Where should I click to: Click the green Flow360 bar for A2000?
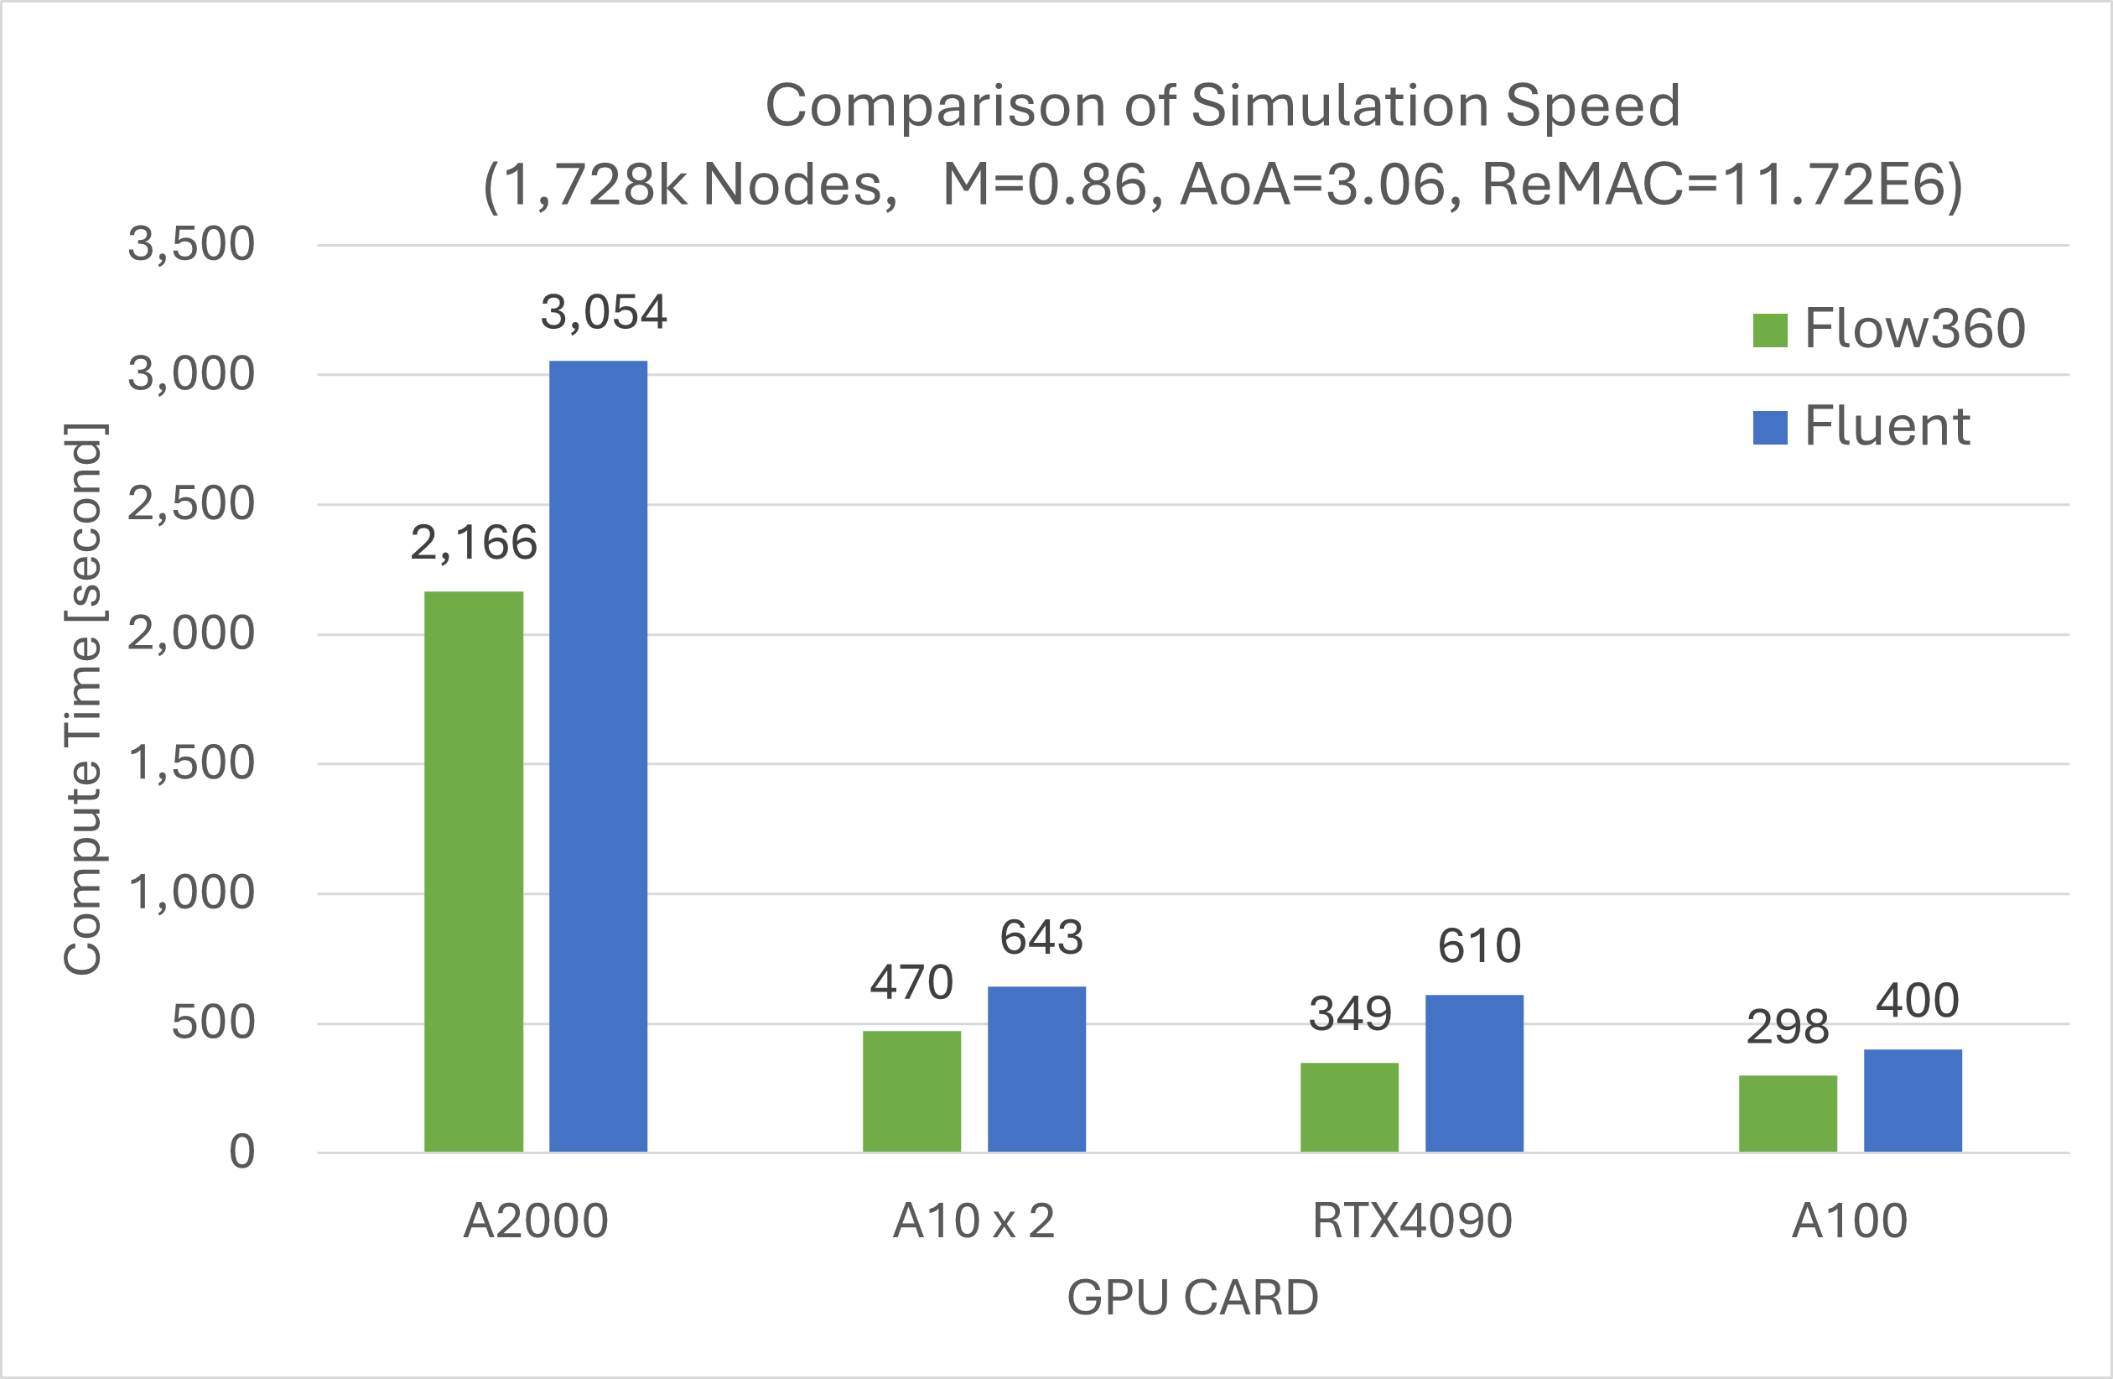[473, 872]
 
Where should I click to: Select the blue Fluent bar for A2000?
[598, 757]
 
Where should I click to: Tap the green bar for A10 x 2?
[911, 1091]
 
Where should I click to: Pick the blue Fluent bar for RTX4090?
[1474, 1074]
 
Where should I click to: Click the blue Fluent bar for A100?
[1913, 1101]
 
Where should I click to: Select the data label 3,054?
[604, 313]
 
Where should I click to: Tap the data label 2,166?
[473, 543]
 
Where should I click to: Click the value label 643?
[1041, 938]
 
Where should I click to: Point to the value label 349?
[1349, 1013]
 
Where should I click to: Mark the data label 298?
[1787, 1027]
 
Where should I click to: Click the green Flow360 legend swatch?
[1769, 330]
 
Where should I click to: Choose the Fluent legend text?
[1887, 426]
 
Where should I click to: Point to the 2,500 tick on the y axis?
[191, 503]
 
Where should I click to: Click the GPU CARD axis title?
[1192, 1298]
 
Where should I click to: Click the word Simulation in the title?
[1340, 106]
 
